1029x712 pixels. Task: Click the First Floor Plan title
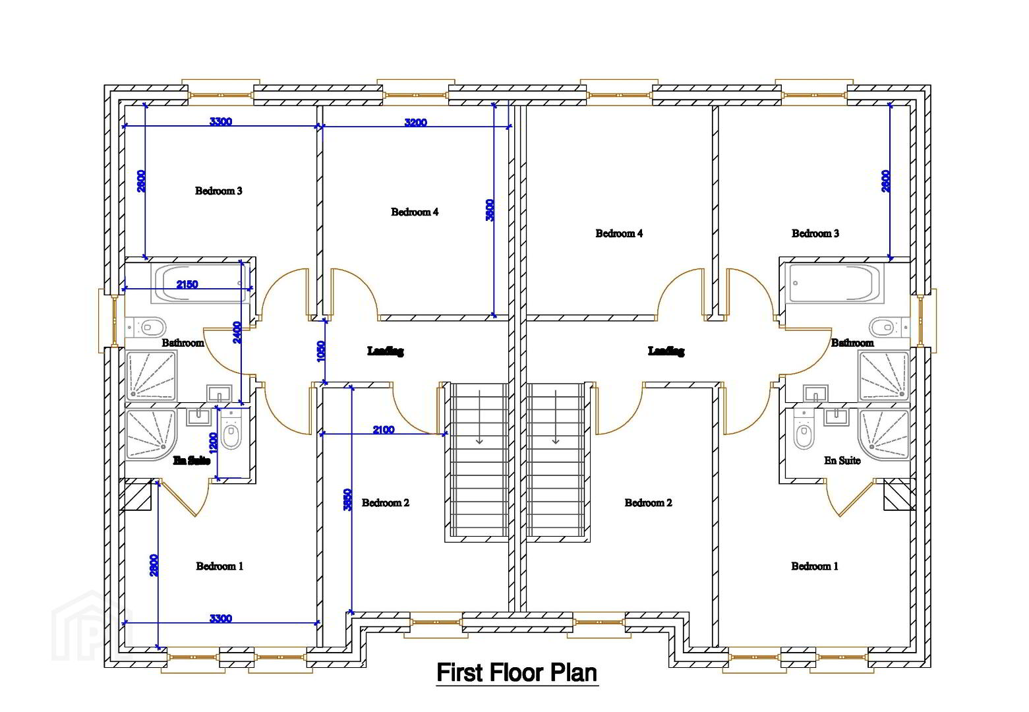coord(517,673)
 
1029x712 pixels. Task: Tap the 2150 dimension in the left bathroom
coord(187,285)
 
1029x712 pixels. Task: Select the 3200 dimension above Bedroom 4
coord(415,123)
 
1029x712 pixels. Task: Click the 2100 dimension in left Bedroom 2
coord(384,430)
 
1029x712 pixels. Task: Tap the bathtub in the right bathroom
coord(835,283)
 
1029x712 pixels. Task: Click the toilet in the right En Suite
coord(804,433)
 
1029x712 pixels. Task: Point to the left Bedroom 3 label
coord(219,191)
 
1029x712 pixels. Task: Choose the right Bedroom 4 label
coord(619,233)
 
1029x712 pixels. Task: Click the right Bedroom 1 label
coord(815,566)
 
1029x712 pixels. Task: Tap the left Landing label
coord(386,351)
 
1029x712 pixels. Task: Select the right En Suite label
coord(842,461)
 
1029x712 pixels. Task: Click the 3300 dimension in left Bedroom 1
coord(221,618)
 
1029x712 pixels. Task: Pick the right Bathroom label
coord(852,343)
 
